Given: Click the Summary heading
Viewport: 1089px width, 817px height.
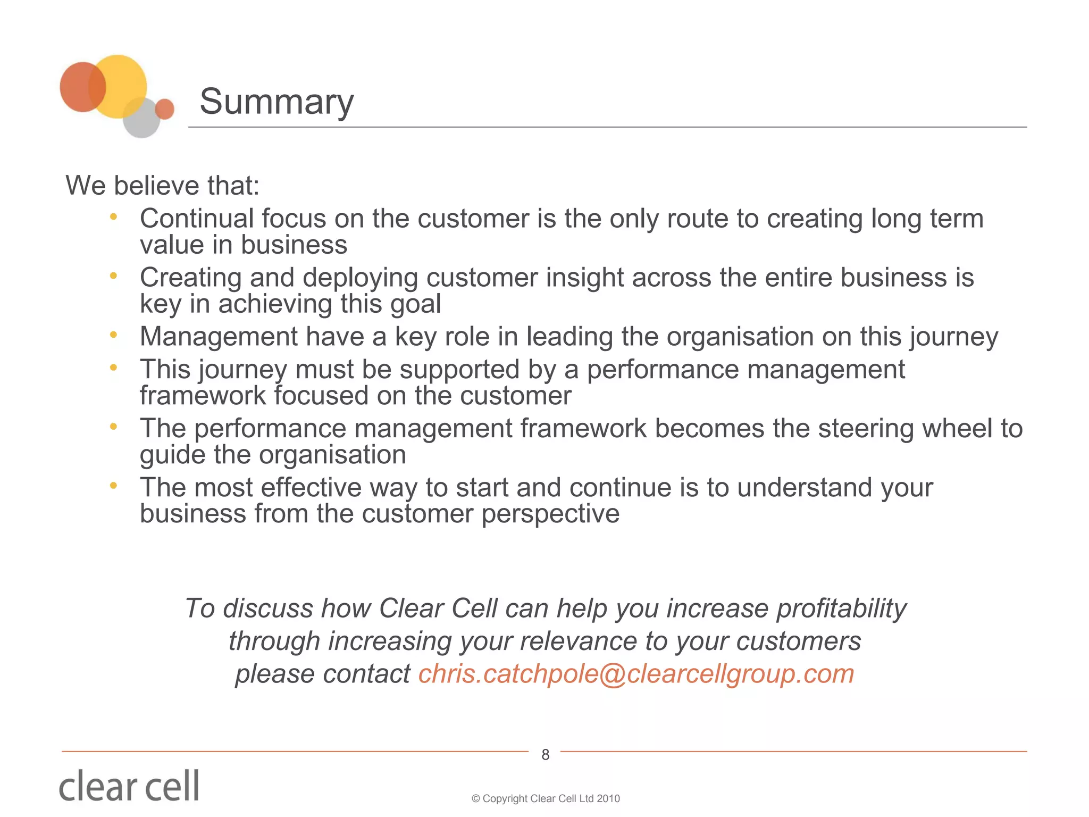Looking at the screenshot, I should (x=277, y=102).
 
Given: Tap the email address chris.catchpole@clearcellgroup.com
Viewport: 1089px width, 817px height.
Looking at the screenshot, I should (x=636, y=674).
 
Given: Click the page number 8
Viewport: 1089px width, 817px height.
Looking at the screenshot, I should (x=545, y=754).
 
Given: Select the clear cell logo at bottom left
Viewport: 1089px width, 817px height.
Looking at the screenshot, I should (x=129, y=786).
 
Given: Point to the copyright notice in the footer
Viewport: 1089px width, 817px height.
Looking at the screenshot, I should (x=546, y=798).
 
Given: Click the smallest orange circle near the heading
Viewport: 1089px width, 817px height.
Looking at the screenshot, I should (x=165, y=109).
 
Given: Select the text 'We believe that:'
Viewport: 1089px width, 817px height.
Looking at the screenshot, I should (x=163, y=186).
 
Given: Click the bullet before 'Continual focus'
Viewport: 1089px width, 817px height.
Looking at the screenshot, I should (x=113, y=217).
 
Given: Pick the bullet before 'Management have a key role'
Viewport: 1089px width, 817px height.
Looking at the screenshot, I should (x=113, y=335).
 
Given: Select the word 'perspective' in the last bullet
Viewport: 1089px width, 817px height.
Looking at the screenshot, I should (x=550, y=514).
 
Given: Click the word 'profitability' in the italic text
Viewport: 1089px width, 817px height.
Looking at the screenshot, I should (x=841, y=608).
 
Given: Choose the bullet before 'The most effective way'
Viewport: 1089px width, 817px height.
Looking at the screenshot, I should (x=113, y=486).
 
